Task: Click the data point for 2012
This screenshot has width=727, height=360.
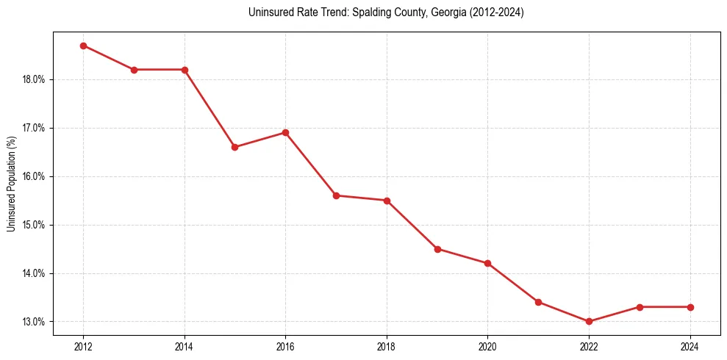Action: [x=83, y=46]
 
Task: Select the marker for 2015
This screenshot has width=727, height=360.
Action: [x=234, y=147]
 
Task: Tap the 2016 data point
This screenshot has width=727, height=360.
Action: [x=285, y=133]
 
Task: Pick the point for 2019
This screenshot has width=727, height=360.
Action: [x=437, y=249]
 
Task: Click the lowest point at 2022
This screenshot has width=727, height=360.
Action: [x=589, y=321]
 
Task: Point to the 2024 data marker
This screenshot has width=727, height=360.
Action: [x=690, y=307]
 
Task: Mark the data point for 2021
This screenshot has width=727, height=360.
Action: [x=538, y=302]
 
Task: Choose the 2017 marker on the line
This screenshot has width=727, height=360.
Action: [x=336, y=195]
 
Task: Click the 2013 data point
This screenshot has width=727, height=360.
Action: [x=134, y=70]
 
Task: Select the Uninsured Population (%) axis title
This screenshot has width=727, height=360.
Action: [x=12, y=184]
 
